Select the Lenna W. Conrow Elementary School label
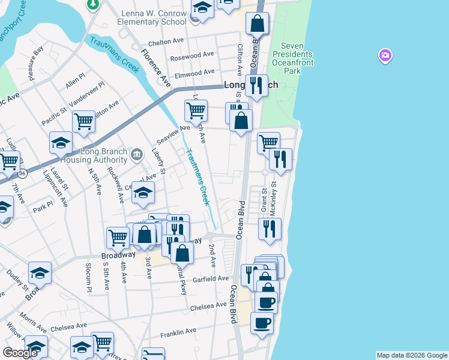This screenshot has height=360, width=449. (x=154, y=17)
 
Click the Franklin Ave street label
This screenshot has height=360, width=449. (x=178, y=331)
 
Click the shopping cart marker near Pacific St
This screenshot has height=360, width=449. (x=83, y=121)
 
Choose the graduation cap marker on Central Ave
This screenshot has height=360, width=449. (x=143, y=193)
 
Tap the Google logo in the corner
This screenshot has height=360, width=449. (x=20, y=353)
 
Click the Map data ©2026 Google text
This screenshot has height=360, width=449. (x=412, y=355)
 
